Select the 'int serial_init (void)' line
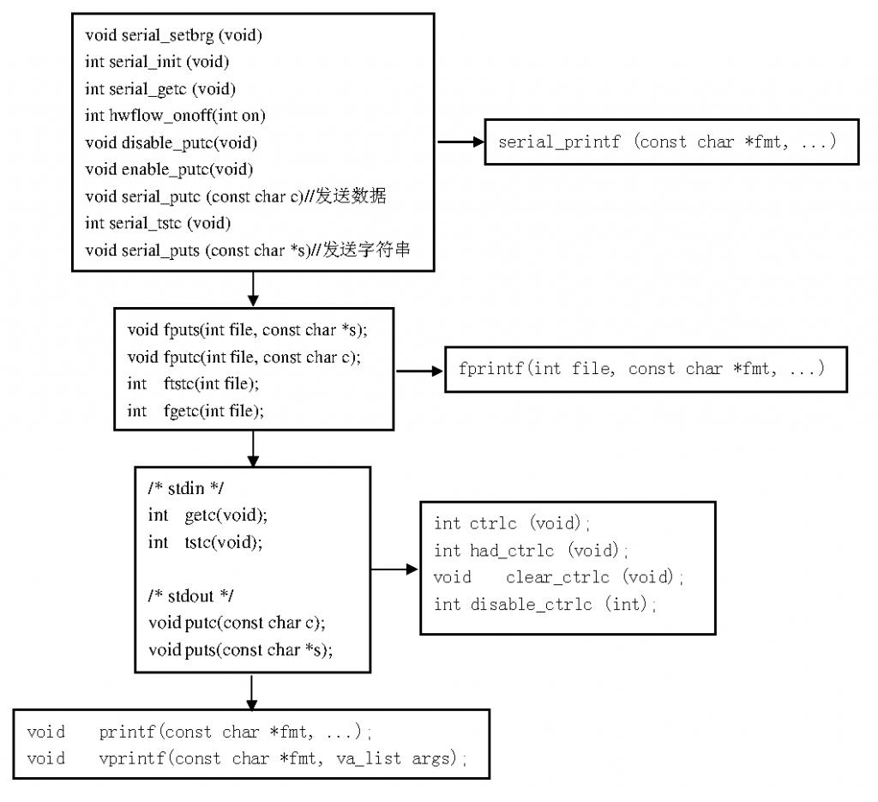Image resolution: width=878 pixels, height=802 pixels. coord(157,62)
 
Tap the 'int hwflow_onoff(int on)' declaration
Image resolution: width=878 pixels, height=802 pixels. coord(169,116)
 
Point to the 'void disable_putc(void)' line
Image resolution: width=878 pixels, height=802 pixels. coord(171,142)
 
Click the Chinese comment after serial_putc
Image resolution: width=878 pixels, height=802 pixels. coord(351,196)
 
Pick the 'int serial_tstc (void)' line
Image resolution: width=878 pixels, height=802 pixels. coord(158,223)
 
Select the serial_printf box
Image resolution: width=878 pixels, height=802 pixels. coord(671,142)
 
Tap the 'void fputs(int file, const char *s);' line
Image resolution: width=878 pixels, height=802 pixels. coord(247,329)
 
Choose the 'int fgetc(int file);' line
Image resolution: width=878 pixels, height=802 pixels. coord(195,411)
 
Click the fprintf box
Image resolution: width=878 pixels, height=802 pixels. coord(646,369)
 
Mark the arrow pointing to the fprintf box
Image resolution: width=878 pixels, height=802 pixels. coord(419,371)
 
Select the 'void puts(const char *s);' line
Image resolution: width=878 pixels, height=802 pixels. coord(240,649)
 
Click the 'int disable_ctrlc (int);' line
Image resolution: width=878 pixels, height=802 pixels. coord(545,605)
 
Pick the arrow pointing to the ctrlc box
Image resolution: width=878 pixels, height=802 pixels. coord(394,569)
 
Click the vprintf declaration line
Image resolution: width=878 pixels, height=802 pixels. coord(247,758)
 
